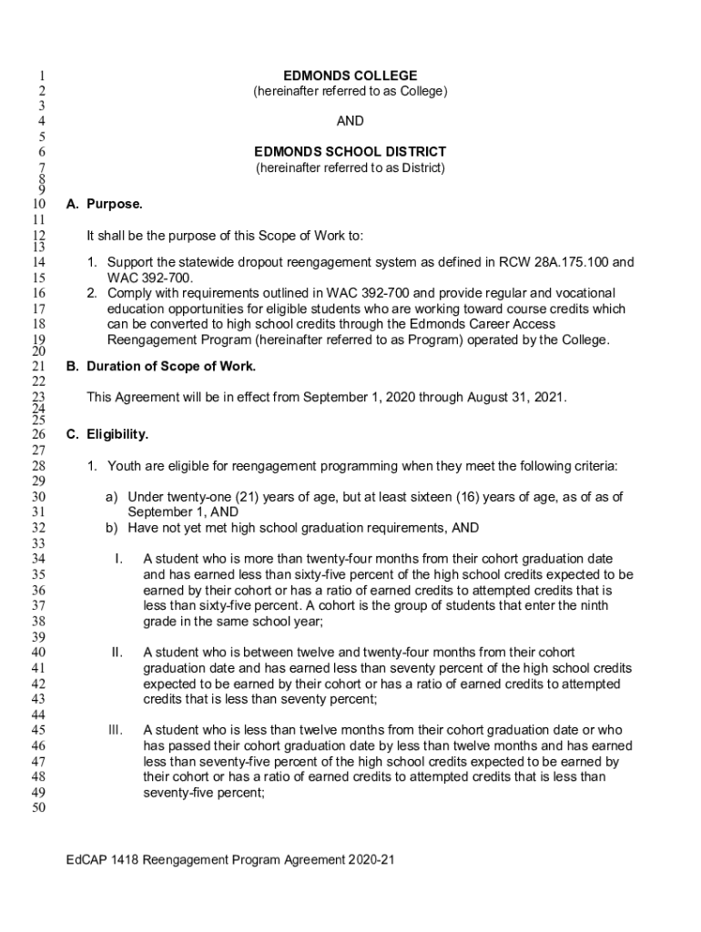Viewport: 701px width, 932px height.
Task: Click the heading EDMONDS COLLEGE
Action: [350, 76]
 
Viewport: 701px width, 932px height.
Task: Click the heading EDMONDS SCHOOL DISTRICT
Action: [350, 152]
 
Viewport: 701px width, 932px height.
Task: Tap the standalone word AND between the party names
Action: [350, 121]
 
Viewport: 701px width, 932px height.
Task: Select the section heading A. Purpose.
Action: [104, 205]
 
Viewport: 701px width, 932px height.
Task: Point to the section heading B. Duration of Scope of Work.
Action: [161, 366]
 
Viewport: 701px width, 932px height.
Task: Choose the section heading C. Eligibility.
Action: [107, 434]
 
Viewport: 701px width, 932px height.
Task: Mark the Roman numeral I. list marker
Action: [118, 558]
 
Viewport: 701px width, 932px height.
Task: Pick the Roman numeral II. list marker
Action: [117, 652]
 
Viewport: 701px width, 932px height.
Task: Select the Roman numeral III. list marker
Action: [115, 730]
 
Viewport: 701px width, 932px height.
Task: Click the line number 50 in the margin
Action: [38, 808]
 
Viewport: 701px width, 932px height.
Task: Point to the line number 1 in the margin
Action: [42, 76]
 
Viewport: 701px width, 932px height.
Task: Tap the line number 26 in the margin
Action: [38, 435]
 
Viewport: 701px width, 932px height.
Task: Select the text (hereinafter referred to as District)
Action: [350, 168]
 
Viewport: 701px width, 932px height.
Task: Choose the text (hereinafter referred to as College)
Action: [350, 91]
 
